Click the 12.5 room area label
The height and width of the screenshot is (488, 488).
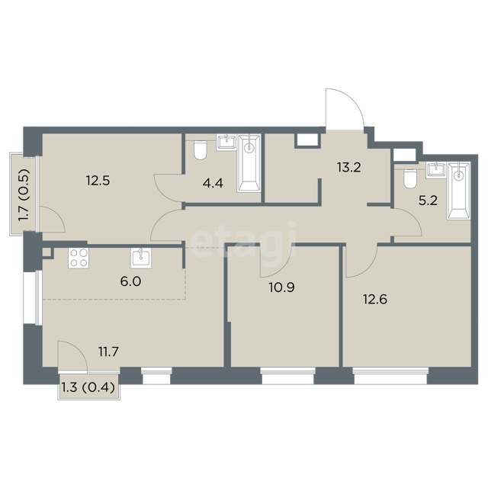(x=98, y=181)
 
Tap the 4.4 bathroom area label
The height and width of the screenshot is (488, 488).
(x=213, y=183)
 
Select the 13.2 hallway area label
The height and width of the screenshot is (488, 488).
(x=349, y=168)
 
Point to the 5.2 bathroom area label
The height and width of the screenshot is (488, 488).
(x=428, y=201)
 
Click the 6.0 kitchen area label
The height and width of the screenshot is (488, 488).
(x=130, y=281)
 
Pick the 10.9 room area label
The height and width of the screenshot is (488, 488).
(x=281, y=287)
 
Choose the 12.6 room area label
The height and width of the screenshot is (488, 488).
(x=375, y=300)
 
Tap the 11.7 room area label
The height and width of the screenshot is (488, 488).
(x=108, y=352)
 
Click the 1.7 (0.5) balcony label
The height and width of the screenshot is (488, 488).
(x=24, y=195)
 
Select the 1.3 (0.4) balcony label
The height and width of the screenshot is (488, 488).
(x=88, y=388)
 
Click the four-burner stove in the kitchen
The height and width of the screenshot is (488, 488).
(x=79, y=258)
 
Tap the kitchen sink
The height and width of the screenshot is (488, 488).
(x=141, y=258)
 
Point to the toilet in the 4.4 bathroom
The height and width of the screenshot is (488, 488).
(x=200, y=150)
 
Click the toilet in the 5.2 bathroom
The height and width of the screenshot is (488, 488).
(x=410, y=178)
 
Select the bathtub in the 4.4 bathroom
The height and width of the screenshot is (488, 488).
(x=249, y=163)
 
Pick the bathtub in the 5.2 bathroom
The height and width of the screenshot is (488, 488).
(x=458, y=191)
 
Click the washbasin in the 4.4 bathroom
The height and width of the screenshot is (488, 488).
(x=227, y=143)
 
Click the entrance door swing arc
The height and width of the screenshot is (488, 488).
(x=352, y=99)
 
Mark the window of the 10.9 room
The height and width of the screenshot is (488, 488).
(x=288, y=376)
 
